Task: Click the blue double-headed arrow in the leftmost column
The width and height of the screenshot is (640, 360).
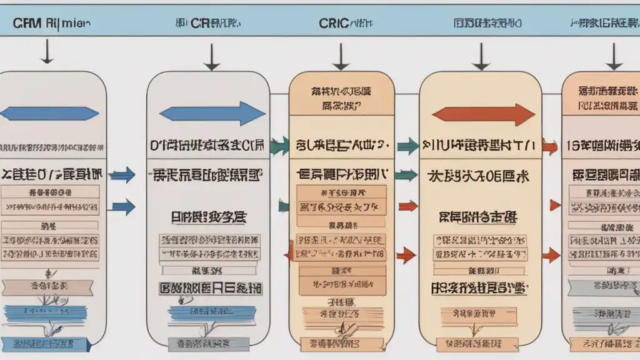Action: coord(50,113)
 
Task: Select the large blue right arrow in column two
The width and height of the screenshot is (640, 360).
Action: coord(212,114)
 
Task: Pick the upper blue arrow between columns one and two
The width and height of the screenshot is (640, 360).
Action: coord(122,174)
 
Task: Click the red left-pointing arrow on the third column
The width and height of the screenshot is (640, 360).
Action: coord(289,252)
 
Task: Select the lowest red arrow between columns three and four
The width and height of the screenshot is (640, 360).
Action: coord(406,254)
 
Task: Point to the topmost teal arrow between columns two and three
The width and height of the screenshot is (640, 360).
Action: coord(279,146)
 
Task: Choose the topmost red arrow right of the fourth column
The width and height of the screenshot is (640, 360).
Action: coord(550,147)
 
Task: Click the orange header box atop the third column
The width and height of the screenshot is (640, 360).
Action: coord(341,96)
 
